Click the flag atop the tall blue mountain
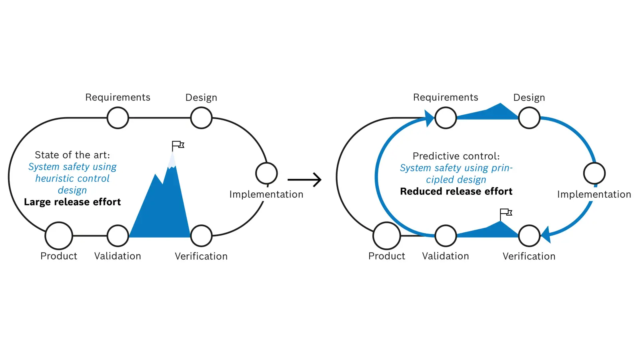click(x=178, y=146)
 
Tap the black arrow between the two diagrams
click(x=304, y=180)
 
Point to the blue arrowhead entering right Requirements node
click(x=429, y=118)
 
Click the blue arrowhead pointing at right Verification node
click(x=546, y=235)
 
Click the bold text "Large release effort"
click(x=72, y=202)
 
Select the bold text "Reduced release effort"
click(x=456, y=192)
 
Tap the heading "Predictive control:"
click(x=456, y=156)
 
